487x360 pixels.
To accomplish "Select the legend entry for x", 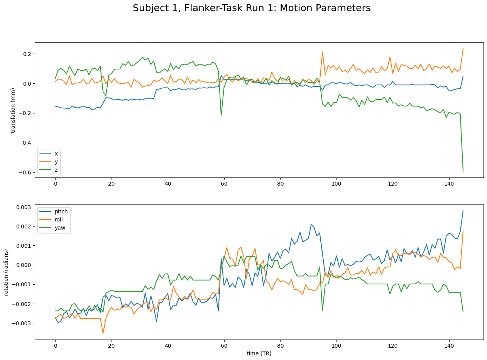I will tap(56, 154).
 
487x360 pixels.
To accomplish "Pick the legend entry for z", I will tap(56, 169).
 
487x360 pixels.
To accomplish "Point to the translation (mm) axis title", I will tap(13, 110).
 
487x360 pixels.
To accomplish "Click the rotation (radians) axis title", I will tap(6, 272).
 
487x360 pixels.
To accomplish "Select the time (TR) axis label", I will tap(259, 353).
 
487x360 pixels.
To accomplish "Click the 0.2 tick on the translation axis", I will tap(27, 54).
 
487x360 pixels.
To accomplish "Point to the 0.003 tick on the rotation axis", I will tap(24, 207).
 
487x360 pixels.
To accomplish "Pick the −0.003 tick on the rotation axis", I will tap(22, 323).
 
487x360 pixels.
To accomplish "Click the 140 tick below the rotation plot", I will tap(449, 346).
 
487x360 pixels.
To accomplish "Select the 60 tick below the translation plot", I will tap(224, 183).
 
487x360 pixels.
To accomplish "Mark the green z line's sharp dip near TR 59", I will tap(221, 116).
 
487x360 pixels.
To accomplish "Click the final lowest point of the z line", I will tap(463, 171).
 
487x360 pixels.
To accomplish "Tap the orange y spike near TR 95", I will tap(322, 52).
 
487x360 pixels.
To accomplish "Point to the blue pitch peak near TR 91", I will tap(311, 224).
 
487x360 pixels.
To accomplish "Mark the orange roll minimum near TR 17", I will tap(103, 333).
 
